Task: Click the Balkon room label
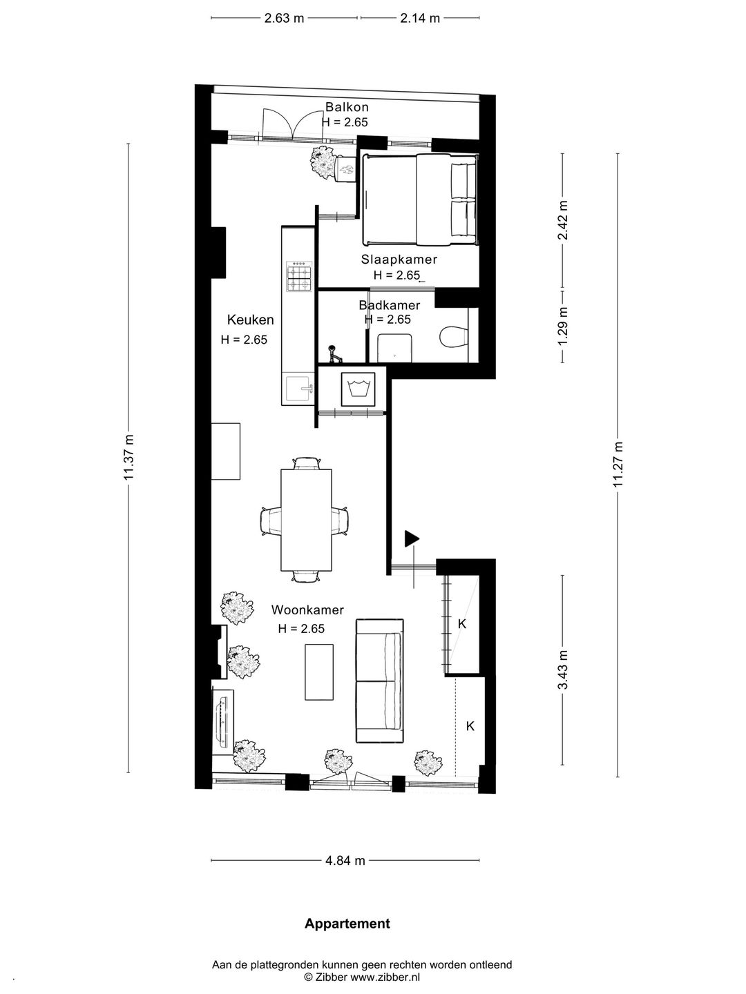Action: [347, 107]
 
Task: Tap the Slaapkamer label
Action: [399, 260]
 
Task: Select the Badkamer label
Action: [390, 305]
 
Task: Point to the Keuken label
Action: [251, 320]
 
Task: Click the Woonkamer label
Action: [307, 610]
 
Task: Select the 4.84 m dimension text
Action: [345, 860]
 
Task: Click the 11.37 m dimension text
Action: [130, 458]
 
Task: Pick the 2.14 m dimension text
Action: [420, 18]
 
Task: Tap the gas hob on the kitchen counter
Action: [299, 276]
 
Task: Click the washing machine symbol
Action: [358, 389]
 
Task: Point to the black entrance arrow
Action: [412, 538]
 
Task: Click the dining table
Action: [307, 520]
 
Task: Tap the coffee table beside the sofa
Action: [319, 672]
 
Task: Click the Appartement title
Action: [347, 924]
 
